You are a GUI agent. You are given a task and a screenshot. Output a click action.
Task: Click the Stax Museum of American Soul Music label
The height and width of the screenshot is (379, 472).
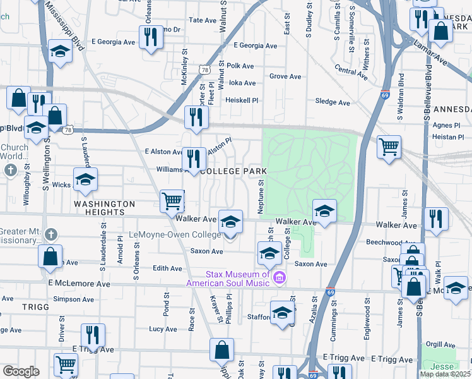click(237, 279)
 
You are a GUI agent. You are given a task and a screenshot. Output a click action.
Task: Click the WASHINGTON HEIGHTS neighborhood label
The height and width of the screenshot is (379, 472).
click(104, 204)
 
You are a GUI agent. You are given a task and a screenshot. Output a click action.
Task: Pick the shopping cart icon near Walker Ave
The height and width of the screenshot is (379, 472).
click(172, 202)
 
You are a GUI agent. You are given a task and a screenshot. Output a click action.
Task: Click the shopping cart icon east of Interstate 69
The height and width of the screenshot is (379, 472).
click(389, 148)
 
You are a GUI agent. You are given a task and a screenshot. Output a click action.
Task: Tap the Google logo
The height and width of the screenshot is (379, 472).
click(21, 371)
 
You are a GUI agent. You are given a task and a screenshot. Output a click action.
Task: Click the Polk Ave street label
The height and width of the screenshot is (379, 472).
click(240, 66)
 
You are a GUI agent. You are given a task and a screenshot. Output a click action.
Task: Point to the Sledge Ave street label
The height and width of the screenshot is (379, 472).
click(332, 102)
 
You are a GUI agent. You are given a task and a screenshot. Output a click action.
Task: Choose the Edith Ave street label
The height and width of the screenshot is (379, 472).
click(167, 268)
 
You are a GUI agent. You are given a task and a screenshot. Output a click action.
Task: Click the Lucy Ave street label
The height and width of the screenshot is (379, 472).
click(163, 329)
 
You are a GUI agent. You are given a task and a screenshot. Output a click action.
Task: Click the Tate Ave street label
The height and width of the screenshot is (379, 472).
click(203, 20)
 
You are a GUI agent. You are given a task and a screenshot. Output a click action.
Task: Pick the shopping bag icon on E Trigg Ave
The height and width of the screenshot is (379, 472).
click(222, 349)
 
